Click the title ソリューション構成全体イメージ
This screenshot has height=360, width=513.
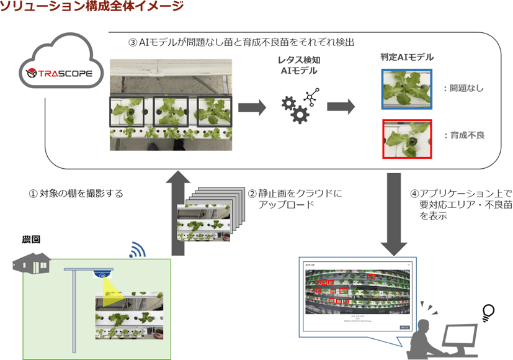(92, 7)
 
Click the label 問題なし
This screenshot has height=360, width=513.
(465, 89)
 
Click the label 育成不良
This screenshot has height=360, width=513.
(465, 134)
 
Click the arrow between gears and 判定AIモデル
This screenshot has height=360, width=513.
(341, 107)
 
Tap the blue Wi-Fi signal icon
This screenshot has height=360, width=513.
(136, 250)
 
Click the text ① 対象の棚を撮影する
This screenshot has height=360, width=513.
(76, 194)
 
